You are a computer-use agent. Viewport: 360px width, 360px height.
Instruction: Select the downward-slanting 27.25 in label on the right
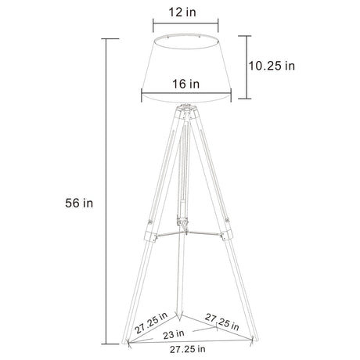click(x=221, y=321)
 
